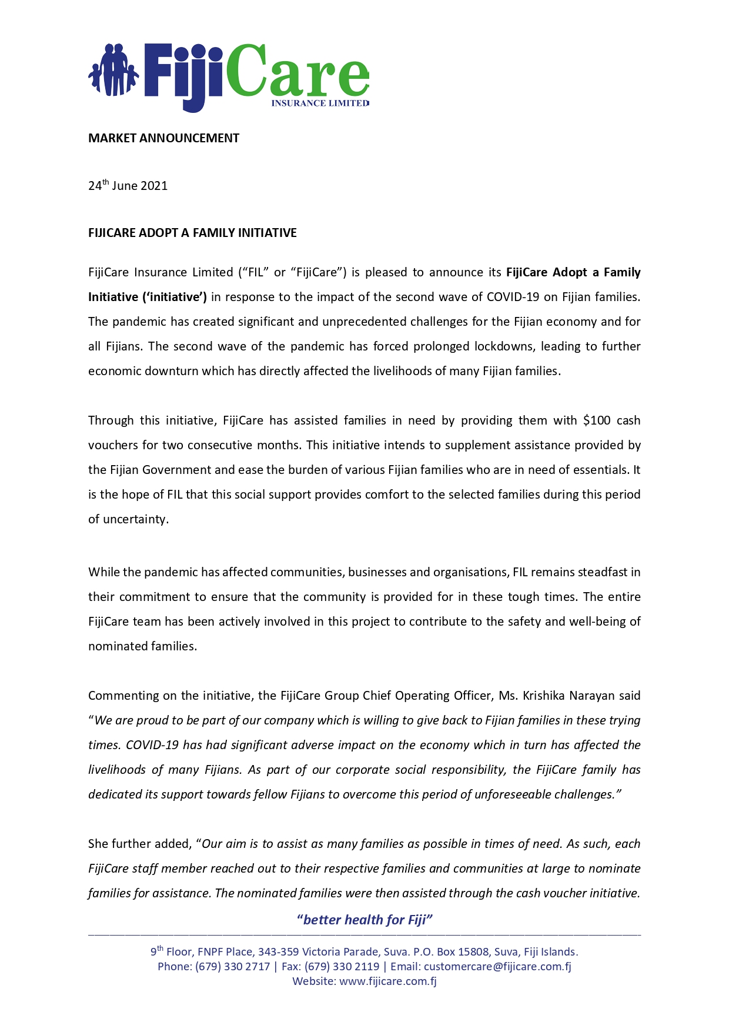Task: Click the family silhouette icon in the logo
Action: point(113,71)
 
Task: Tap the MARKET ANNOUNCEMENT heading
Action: point(163,138)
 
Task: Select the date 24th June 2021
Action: point(128,186)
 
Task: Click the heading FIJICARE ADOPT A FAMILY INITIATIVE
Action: point(192,233)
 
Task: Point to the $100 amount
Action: point(597,420)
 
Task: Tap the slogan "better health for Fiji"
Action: point(364,920)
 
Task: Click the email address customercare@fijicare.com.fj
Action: point(497,966)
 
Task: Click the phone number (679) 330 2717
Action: point(232,966)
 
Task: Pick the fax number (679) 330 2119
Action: point(342,966)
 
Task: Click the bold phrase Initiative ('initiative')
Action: point(147,297)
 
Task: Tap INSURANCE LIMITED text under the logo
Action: point(320,103)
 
